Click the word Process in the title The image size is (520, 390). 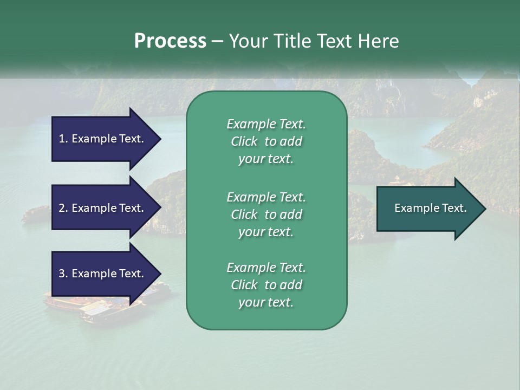[x=170, y=41]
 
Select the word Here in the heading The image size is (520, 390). [x=379, y=41]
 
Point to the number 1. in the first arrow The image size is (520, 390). [x=63, y=139]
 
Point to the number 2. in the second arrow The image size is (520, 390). [x=63, y=208]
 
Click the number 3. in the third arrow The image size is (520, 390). [x=63, y=274]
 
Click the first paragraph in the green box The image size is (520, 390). [x=266, y=141]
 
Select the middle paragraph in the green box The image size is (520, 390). [x=266, y=214]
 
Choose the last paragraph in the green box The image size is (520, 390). [x=266, y=285]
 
